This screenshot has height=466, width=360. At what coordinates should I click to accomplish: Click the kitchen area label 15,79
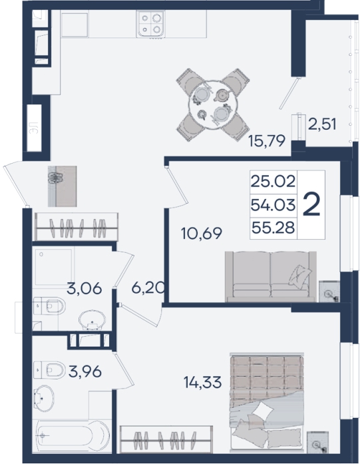coord(267,141)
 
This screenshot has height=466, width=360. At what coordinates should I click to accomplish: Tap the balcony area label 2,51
coord(322,124)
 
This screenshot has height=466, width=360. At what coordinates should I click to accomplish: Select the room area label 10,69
coord(202,233)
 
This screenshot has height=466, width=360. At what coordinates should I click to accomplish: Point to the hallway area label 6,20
coord(148,288)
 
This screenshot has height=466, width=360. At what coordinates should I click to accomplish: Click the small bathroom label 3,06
coord(85,288)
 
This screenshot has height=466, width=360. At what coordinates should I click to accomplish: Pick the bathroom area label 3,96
coord(85,371)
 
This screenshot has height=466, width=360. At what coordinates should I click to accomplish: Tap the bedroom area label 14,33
coord(202,382)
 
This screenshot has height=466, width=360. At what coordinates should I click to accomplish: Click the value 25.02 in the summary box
coord(273,181)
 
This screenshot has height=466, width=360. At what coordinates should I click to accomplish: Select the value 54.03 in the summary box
coord(273,205)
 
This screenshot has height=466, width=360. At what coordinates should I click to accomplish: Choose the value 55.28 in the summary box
coord(273,228)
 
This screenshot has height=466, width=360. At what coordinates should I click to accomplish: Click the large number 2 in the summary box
coord(311,205)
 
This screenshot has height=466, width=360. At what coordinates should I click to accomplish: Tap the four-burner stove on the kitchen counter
coord(150,25)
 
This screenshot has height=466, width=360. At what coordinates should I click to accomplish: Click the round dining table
coord(213,105)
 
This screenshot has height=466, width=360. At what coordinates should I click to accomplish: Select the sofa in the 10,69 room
coord(270,276)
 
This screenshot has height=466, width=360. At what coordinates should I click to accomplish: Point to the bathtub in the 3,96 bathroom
coord(73,435)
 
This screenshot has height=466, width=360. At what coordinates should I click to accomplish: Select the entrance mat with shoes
coord(63,186)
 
